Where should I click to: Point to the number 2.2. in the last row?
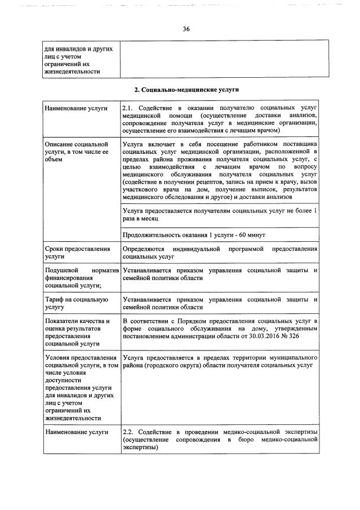tap(129, 431)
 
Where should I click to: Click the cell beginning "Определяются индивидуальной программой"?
tap(220, 252)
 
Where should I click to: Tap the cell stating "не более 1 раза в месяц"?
tap(220, 214)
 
